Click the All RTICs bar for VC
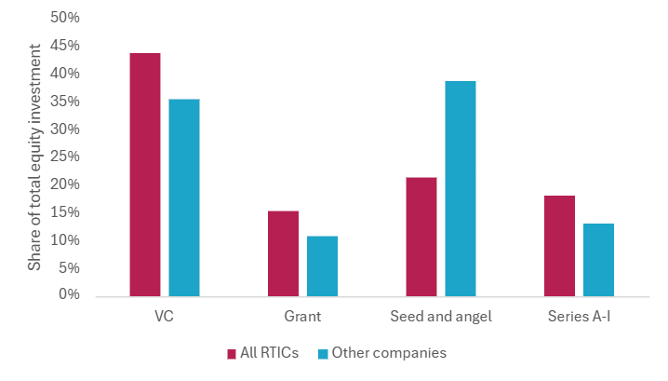[145, 174]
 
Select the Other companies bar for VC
[184, 197]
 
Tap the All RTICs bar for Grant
[283, 253]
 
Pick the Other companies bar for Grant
[322, 265]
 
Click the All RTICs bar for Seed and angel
[421, 237]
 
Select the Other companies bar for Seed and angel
[461, 188]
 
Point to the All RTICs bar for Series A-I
[559, 245]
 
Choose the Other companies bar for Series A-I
[598, 259]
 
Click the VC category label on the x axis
[165, 316]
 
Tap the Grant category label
[302, 316]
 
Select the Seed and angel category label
[441, 316]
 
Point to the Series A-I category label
[579, 316]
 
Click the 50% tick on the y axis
[64, 18]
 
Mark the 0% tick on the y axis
[69, 295]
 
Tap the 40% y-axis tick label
[64, 74]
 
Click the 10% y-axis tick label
[64, 240]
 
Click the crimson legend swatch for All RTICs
[232, 354]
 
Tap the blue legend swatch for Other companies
[323, 354]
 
